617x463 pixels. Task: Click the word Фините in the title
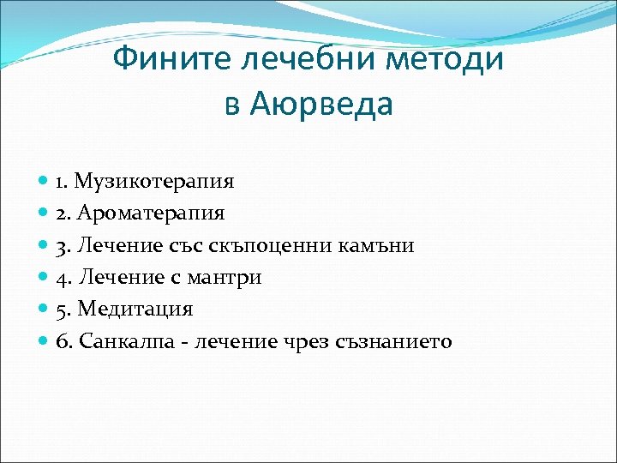tap(165, 61)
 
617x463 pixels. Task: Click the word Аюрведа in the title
tap(320, 104)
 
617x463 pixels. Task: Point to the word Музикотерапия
tap(154, 182)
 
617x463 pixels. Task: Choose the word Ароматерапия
tap(152, 213)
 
